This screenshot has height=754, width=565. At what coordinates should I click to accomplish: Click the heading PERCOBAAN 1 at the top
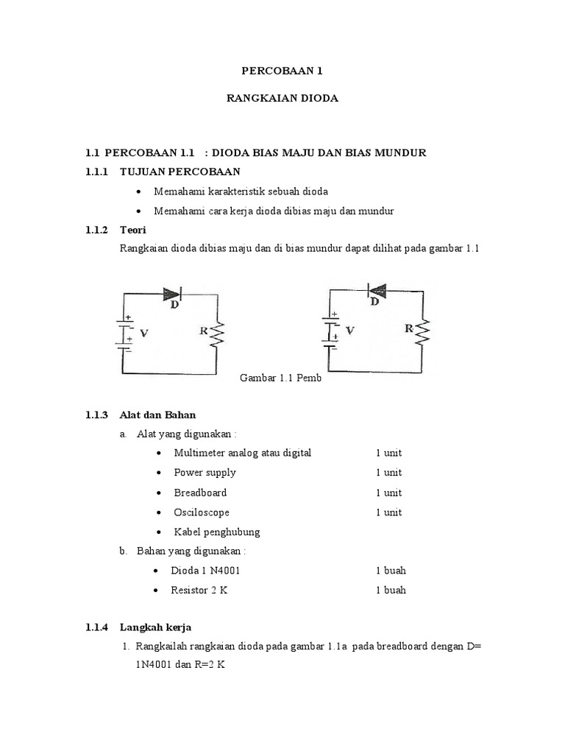[x=282, y=71]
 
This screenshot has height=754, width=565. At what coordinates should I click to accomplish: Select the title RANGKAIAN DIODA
[x=282, y=98]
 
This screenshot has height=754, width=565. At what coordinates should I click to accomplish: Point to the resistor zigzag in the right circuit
[x=422, y=332]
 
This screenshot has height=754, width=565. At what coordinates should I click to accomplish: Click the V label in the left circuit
[x=144, y=333]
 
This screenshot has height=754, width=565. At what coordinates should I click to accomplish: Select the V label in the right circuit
[x=349, y=331]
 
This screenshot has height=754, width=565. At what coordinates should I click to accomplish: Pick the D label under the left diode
[x=175, y=305]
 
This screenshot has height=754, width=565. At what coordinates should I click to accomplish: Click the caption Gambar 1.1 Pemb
[x=281, y=378]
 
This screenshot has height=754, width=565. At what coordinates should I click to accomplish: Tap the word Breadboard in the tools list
[x=200, y=493]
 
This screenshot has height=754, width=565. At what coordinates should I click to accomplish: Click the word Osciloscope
[x=202, y=512]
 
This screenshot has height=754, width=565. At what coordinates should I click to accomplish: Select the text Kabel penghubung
[x=216, y=532]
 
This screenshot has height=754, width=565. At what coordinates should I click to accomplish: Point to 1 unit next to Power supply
[x=388, y=473]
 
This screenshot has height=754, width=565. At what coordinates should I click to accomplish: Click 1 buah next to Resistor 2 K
[x=391, y=590]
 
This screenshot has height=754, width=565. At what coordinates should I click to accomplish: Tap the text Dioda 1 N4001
[x=205, y=571]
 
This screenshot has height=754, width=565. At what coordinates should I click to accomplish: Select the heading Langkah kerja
[x=155, y=627]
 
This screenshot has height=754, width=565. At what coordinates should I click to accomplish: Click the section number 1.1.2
[x=97, y=230]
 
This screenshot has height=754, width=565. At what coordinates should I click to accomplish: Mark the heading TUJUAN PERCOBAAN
[x=180, y=172]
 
